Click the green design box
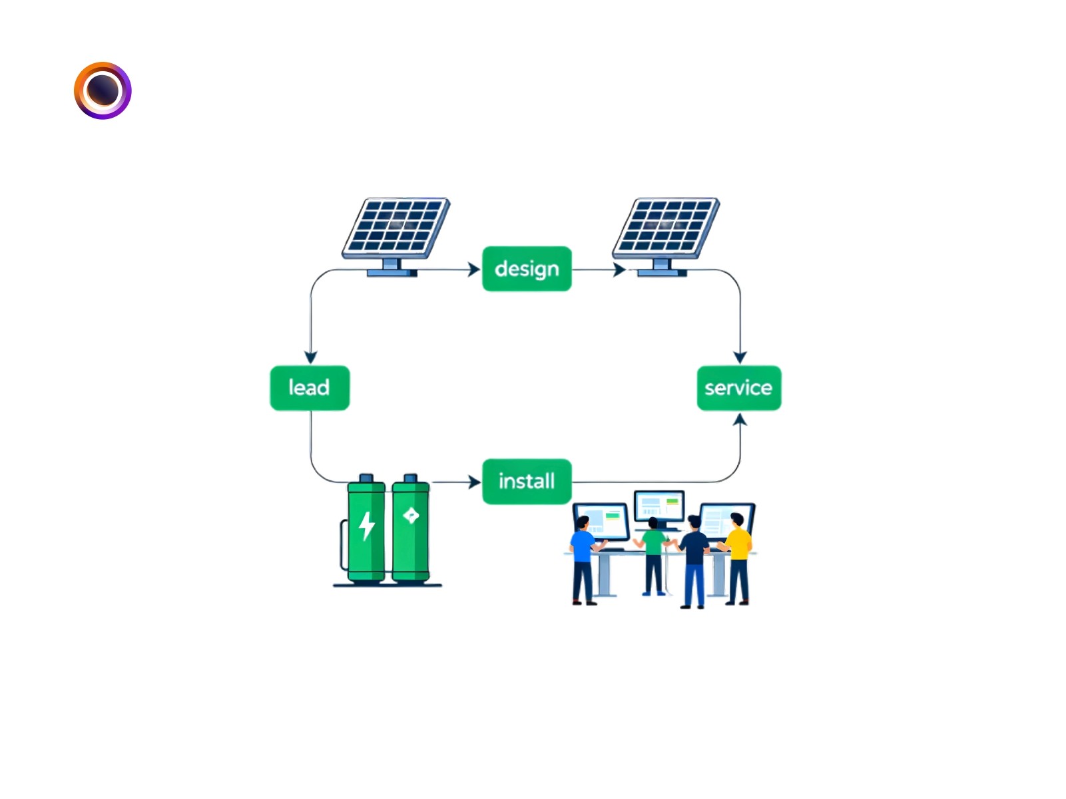[x=526, y=269]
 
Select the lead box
[x=310, y=388]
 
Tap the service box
[x=738, y=388]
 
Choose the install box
[x=526, y=481]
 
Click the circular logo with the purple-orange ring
[x=103, y=90]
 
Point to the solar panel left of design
[x=396, y=230]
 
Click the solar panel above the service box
[x=666, y=230]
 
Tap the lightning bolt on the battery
[x=366, y=526]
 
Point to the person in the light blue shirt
[x=583, y=559]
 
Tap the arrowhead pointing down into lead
[x=310, y=357]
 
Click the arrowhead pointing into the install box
[x=475, y=482]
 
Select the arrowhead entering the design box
[x=474, y=269]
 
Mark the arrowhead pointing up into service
[x=740, y=420]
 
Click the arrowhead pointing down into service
[x=740, y=357]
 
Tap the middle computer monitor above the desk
[x=659, y=507]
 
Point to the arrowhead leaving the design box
[x=620, y=269]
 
